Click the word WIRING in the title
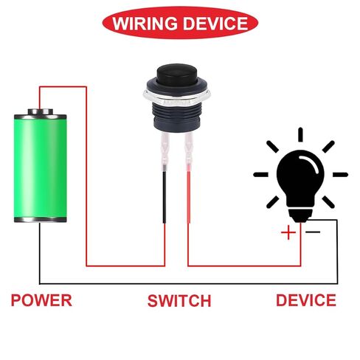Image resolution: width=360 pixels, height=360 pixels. pos(145,24)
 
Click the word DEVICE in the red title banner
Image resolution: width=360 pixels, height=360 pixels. pos(215,24)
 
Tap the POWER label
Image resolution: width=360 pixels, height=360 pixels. pos(41,300)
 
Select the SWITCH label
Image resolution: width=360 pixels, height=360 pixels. pos(179,300)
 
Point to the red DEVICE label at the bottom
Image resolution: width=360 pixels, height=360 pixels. pos(306,300)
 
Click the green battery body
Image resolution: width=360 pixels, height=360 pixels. pos(41,168)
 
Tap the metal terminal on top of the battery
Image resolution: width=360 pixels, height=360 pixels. pos(41,112)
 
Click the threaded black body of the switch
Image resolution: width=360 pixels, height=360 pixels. pos(176,117)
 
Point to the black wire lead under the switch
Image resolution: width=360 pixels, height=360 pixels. pos(165,197)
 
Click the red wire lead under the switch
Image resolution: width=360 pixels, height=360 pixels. pos(189,197)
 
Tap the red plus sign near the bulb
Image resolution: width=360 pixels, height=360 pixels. pos(288,232)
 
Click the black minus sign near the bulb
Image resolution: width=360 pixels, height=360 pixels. pos(313,232)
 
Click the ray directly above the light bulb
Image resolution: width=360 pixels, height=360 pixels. pos(300,135)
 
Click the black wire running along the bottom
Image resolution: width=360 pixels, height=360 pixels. pos(188,284)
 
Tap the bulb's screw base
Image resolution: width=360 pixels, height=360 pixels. pos(300,215)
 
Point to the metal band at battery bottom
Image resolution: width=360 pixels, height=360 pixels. pos(41,220)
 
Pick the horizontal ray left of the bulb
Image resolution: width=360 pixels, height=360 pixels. pos(261,175)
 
